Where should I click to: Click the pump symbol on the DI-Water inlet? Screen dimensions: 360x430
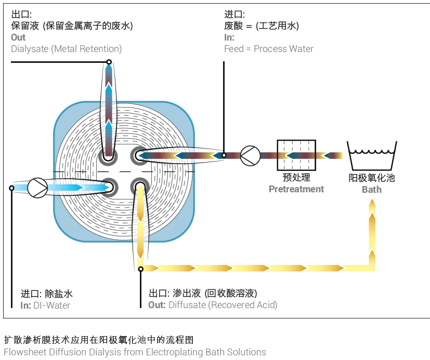(37, 188)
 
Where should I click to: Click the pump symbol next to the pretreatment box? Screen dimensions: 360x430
(251, 155)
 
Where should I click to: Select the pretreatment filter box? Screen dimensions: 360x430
(296, 155)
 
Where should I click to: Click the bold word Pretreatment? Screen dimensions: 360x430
(296, 189)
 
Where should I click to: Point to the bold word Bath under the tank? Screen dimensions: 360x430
(371, 190)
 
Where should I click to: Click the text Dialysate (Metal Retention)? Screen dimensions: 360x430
(67, 49)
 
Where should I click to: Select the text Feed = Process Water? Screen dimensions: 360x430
(269, 49)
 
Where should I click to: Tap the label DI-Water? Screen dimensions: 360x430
(51, 305)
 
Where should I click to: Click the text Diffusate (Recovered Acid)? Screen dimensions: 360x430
(223, 305)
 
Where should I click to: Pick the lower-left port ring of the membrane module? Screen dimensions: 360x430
(109, 186)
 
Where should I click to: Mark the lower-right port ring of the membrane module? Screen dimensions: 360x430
(139, 186)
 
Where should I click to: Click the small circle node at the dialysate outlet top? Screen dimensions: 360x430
(109, 62)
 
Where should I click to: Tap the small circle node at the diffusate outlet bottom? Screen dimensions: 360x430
(140, 269)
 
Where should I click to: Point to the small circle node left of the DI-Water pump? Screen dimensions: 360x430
(12, 188)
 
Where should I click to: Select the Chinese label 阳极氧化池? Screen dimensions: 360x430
(371, 178)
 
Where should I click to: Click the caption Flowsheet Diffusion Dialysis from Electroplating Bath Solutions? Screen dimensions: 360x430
(135, 352)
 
